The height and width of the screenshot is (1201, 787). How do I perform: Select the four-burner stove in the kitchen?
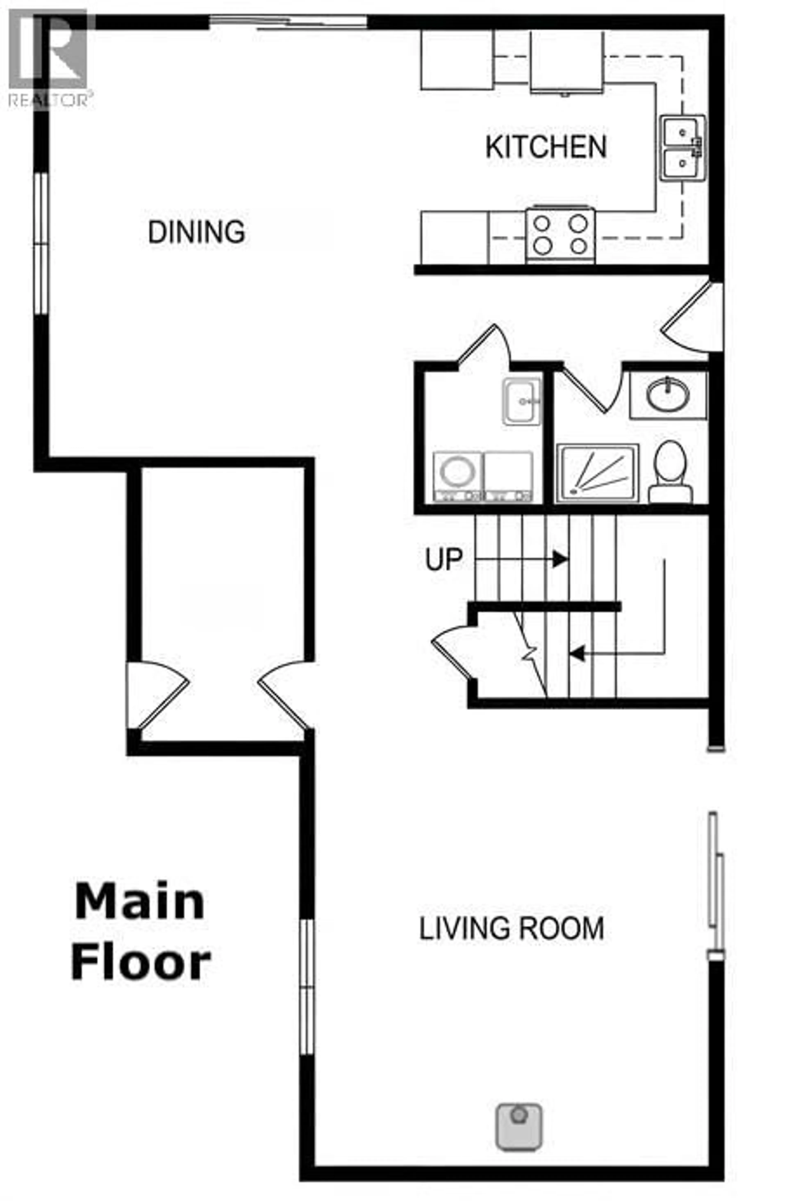point(560,235)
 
